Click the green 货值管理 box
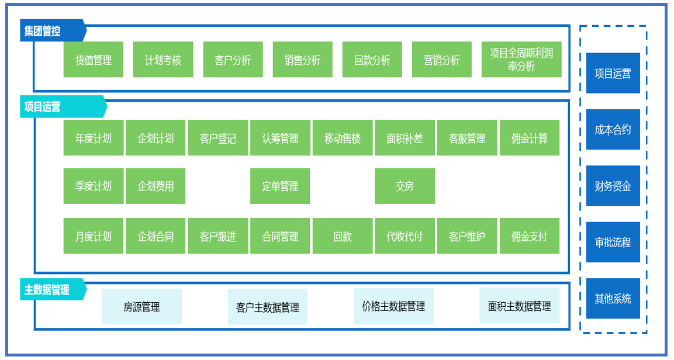coord(94,60)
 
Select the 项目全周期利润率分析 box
coord(521,60)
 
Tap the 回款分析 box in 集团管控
coord(372,60)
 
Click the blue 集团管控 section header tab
coord(53,30)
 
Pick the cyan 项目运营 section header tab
coord(63,106)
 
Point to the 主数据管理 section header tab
coord(53,289)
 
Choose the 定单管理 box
coord(280,186)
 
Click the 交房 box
coord(405,186)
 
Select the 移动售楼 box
coord(343,138)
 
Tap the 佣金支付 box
coord(530,236)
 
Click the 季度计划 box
coord(94,186)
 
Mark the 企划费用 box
coord(155,186)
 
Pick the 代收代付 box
coord(405,236)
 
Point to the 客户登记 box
coord(218,138)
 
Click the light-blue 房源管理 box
coord(141,306)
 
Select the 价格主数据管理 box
coord(393,306)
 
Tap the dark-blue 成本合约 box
coord(613,129)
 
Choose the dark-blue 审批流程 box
coord(613,242)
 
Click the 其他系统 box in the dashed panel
coord(613,298)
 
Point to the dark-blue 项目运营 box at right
coord(613,73)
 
